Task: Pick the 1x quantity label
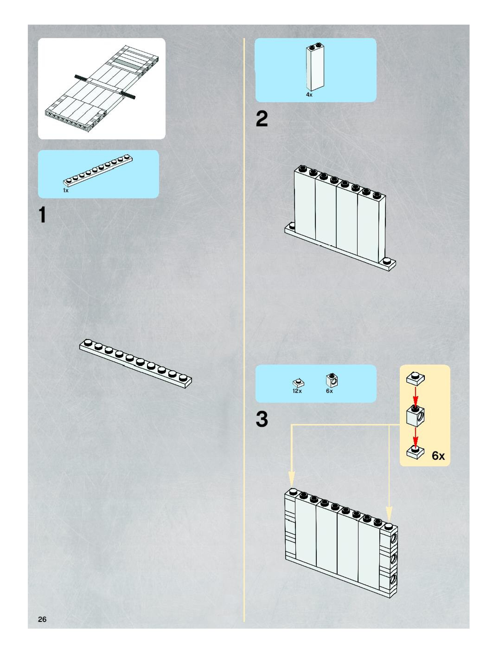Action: pos(66,190)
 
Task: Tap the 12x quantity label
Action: pos(297,391)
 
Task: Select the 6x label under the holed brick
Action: pos(329,391)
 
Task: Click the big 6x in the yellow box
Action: pos(438,456)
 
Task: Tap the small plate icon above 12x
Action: pos(298,382)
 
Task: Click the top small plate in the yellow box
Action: pos(415,378)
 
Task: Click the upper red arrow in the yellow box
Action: pos(416,396)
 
